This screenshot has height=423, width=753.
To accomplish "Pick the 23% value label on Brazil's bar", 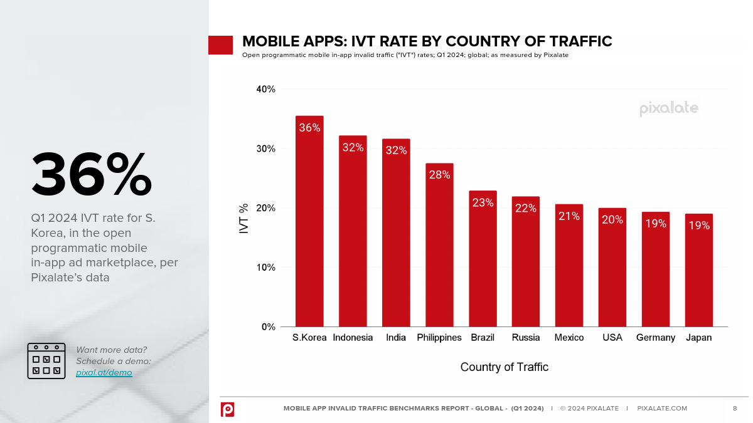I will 483,203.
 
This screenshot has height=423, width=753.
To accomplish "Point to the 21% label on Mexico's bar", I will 569,216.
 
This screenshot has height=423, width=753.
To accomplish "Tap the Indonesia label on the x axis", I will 353,338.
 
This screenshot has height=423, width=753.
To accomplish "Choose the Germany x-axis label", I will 655,338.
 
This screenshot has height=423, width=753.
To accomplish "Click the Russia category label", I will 526,338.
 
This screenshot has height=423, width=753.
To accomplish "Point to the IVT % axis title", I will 244,218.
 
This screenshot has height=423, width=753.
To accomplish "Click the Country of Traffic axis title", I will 504,367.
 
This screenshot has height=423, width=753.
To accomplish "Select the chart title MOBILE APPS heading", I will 427,42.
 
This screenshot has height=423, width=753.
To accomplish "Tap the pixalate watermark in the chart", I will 668,108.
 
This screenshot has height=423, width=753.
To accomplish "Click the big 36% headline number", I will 92,174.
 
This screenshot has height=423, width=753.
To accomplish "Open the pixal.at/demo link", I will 104,372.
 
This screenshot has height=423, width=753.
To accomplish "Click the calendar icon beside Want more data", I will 46,361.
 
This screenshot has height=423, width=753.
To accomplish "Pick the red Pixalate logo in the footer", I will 227,409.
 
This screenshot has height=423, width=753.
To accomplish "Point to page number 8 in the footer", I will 735,409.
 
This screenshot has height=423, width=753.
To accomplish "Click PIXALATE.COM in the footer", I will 662,409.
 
